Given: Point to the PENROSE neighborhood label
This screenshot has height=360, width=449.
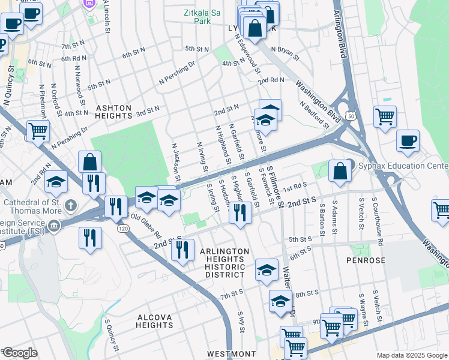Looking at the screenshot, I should (x=364, y=260).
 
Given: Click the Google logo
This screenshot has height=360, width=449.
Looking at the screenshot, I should (x=20, y=353).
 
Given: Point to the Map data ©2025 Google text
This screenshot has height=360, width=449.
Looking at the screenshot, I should (x=411, y=355).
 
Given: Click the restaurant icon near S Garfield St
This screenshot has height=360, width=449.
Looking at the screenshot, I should (x=240, y=213).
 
